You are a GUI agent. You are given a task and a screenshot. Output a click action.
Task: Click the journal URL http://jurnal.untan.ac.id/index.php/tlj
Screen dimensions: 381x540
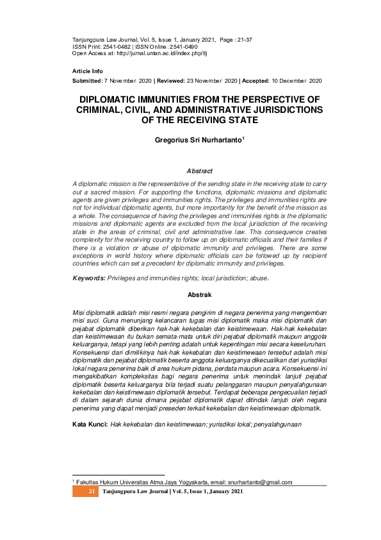click(x=168, y=54)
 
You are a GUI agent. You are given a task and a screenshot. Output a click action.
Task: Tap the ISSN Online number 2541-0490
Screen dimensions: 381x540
click(x=183, y=47)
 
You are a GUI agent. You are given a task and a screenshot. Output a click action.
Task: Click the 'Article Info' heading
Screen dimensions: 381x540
click(x=88, y=71)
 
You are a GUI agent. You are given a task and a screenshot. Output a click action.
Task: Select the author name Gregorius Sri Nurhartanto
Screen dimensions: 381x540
click(x=198, y=139)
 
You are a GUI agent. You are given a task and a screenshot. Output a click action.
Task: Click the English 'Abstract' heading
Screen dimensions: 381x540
click(x=199, y=171)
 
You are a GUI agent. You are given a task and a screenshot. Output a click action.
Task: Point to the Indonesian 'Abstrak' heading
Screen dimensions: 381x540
click(x=199, y=294)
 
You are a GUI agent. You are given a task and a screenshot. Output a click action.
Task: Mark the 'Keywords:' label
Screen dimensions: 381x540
click(x=88, y=278)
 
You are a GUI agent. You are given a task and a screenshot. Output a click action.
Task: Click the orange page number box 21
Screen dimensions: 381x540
click(x=92, y=491)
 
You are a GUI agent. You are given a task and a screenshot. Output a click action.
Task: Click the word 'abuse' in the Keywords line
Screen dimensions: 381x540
click(x=258, y=278)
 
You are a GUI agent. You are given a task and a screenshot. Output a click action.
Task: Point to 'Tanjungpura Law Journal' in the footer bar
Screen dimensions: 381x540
click(x=135, y=491)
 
